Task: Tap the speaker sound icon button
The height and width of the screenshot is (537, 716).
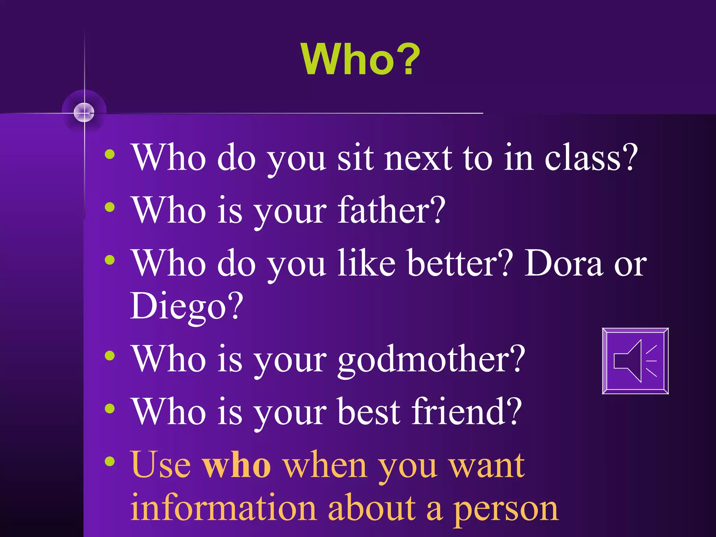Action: coord(635,361)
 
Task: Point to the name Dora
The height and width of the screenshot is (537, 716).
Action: coord(564,263)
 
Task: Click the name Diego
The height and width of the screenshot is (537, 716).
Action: coord(186,306)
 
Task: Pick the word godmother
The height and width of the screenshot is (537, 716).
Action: coord(431,359)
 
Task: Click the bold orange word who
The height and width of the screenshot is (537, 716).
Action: coord(236,465)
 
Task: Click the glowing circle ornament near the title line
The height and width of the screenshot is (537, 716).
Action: coord(84,113)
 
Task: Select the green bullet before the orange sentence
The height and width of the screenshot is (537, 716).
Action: coord(110,461)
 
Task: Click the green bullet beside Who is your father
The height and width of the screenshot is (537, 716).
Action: coord(110,207)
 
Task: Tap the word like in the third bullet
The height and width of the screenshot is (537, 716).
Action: coord(366,263)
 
